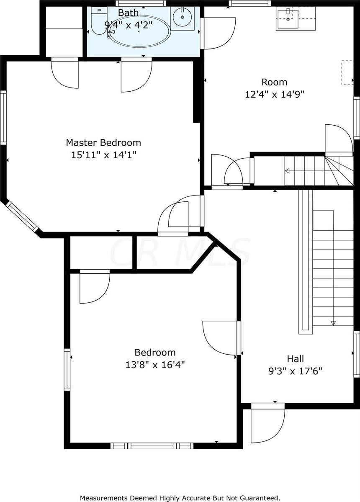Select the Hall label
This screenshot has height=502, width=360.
pos(295,358)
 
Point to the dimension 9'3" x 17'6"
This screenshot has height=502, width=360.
pos(295,371)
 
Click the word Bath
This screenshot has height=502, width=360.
pos(128,13)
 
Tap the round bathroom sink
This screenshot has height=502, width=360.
pos(183,18)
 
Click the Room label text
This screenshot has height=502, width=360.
pos(274,82)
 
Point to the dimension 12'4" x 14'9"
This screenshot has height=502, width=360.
pos(274,95)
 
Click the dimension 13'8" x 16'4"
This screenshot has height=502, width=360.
pos(155,365)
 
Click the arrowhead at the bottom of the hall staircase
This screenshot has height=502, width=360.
pos(333,323)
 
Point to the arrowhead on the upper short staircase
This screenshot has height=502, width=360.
pos(287,171)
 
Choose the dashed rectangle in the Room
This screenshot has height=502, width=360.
pos(347,73)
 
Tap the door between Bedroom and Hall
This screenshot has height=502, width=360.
pos(221,338)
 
